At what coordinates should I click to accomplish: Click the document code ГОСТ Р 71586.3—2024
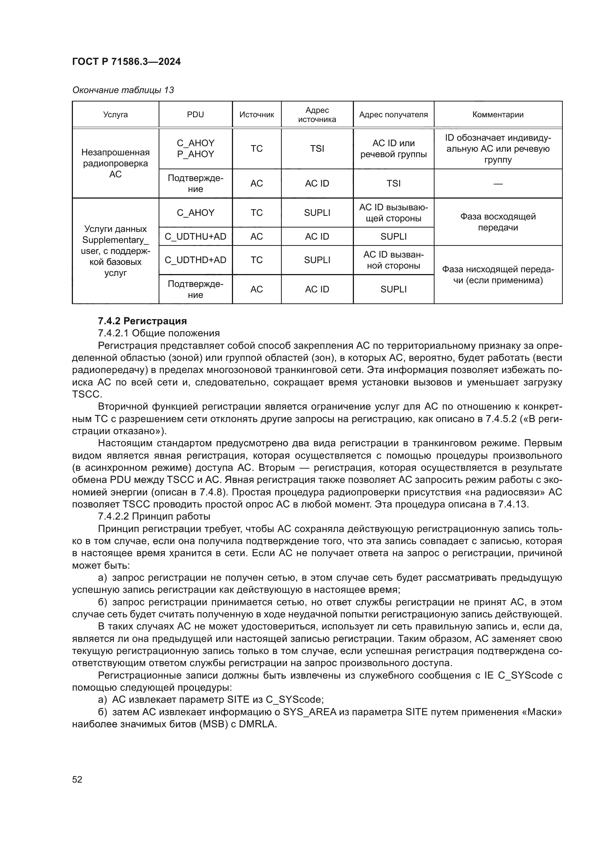[126, 62]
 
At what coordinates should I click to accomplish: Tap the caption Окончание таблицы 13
[123, 90]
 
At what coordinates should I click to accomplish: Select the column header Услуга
[115, 115]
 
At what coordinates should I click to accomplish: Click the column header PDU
[195, 115]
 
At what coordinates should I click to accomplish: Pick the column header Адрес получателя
[393, 115]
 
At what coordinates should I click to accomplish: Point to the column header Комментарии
[498, 115]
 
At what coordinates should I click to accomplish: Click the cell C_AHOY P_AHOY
[195, 148]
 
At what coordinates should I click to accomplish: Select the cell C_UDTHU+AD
[195, 236]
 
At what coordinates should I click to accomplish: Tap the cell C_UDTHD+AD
[195, 260]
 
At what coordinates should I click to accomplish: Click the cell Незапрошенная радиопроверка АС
[115, 163]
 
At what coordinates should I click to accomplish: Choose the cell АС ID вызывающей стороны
[393, 213]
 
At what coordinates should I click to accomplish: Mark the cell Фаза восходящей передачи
[498, 222]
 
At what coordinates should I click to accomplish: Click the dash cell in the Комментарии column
[498, 184]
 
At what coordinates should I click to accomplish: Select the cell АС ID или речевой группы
[393, 148]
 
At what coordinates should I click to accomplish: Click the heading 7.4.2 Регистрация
[142, 321]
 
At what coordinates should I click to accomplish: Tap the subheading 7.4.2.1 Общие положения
[159, 333]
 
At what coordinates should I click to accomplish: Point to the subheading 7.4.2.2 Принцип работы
[154, 516]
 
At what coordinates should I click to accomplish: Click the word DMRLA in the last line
[257, 724]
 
